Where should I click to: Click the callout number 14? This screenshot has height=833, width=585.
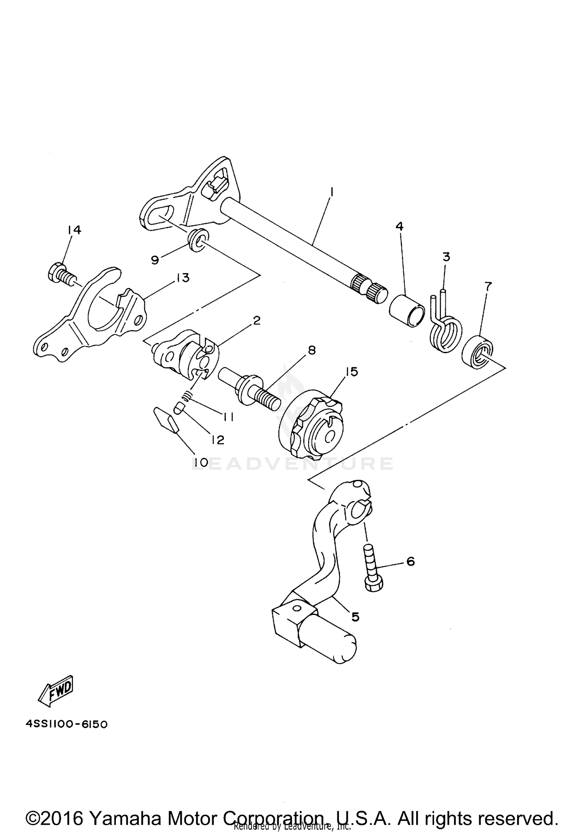click(x=74, y=230)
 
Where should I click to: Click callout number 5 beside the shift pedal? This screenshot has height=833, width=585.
click(x=355, y=616)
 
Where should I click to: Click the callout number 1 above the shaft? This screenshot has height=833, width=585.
click(x=331, y=192)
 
